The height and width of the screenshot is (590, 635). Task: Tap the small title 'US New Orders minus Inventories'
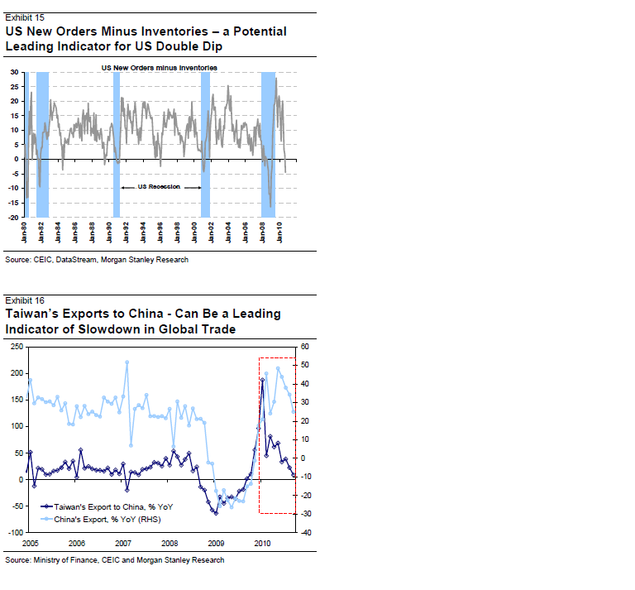pyautogui.click(x=160, y=65)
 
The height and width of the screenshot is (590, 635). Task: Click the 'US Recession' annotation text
pyautogui.click(x=160, y=187)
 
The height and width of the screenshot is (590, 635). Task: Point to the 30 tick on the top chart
pyautogui.click(x=14, y=72)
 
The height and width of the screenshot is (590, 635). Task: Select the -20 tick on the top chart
pyautogui.click(x=12, y=218)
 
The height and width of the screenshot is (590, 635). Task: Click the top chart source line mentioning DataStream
pyautogui.click(x=97, y=260)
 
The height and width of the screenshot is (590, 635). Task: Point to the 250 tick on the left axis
pyautogui.click(x=17, y=347)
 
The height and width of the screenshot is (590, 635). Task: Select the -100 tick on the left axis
pyautogui.click(x=15, y=532)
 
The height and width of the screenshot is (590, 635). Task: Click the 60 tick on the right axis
pyautogui.click(x=304, y=347)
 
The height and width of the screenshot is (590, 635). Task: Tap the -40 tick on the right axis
pyautogui.click(x=306, y=532)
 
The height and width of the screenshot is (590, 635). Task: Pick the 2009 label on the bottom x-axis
pyautogui.click(x=216, y=544)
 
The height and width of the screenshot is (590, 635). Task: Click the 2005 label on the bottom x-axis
pyautogui.click(x=31, y=544)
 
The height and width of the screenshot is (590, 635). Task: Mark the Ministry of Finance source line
pyautogui.click(x=114, y=560)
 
